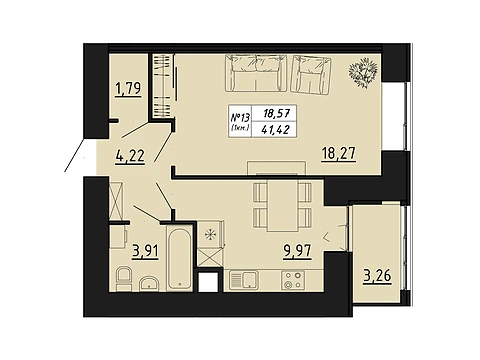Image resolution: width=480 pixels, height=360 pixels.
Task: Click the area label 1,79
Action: pyautogui.click(x=128, y=89)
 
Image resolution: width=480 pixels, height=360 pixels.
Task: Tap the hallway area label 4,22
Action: pyautogui.click(x=130, y=156)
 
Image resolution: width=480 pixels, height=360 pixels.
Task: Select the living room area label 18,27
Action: pyautogui.click(x=339, y=154)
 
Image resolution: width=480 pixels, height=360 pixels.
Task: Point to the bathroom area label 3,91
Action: pyautogui.click(x=145, y=251)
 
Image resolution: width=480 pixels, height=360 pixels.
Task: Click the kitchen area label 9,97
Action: pyautogui.click(x=297, y=251)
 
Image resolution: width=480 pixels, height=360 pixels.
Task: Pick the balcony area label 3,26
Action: pyautogui.click(x=377, y=276)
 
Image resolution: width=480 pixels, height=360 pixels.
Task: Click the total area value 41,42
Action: pyautogui.click(x=275, y=130)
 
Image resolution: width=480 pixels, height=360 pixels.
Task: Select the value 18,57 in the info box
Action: pyautogui.click(x=276, y=113)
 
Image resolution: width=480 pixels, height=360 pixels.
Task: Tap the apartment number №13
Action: pyautogui.click(x=240, y=117)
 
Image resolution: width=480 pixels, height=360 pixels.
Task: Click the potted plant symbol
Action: pyautogui.click(x=363, y=72)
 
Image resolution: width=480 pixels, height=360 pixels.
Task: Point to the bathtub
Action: pyautogui.click(x=180, y=259)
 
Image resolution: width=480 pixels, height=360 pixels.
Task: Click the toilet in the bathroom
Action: pyautogui.click(x=124, y=279)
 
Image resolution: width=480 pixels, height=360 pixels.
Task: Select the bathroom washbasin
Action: pyautogui.click(x=149, y=283)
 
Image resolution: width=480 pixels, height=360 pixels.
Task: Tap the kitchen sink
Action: pyautogui.click(x=244, y=280)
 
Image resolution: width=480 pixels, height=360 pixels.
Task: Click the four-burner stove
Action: pyautogui.click(x=293, y=280)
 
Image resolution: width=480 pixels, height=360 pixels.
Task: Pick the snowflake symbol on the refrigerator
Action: pyautogui.click(x=211, y=235)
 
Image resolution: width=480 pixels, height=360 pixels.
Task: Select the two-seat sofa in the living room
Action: pyautogui.click(x=256, y=73)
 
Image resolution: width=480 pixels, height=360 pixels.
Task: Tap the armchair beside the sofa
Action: pyautogui.click(x=311, y=74)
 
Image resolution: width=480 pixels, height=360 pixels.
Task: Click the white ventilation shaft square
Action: pyautogui.click(x=209, y=282)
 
